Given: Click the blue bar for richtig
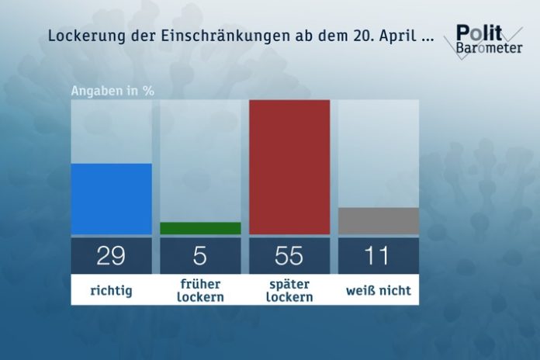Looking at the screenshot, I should (x=111, y=199).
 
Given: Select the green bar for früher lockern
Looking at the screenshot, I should (x=200, y=228).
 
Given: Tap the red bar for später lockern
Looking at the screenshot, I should (x=289, y=167).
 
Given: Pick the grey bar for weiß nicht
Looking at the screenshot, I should (x=379, y=220).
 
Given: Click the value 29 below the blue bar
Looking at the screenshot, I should (x=111, y=255).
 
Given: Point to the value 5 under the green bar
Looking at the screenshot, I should (x=200, y=255).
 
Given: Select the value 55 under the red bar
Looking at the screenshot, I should (x=289, y=255).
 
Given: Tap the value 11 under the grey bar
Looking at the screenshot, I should (x=379, y=255).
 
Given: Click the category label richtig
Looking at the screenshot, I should (x=111, y=291).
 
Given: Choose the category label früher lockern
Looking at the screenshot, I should (x=200, y=291).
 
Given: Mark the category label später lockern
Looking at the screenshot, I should (x=289, y=291).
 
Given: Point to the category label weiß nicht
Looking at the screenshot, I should (x=379, y=291).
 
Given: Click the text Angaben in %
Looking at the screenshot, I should (x=112, y=90).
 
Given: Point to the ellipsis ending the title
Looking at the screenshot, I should (x=426, y=39).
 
